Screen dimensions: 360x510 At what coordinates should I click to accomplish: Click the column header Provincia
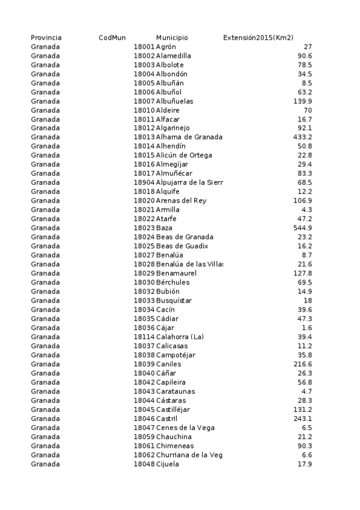(46, 38)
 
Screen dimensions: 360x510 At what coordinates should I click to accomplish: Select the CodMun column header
(112, 38)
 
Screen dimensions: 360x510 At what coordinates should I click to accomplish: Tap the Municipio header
(172, 38)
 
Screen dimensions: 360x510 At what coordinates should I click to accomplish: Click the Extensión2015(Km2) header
(258, 38)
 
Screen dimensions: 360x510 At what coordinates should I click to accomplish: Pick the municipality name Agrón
(166, 47)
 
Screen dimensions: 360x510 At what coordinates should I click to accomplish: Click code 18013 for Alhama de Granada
(144, 137)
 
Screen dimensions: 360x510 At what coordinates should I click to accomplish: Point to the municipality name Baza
(164, 228)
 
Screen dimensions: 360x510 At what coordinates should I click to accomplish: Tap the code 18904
(144, 182)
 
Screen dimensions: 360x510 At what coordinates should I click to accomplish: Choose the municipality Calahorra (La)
(180, 337)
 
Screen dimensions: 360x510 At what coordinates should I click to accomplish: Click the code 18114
(144, 337)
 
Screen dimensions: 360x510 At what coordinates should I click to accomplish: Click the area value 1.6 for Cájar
(307, 328)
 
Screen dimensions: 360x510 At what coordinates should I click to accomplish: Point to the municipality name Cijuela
(168, 464)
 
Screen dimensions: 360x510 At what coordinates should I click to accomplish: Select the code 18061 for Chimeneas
(144, 446)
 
